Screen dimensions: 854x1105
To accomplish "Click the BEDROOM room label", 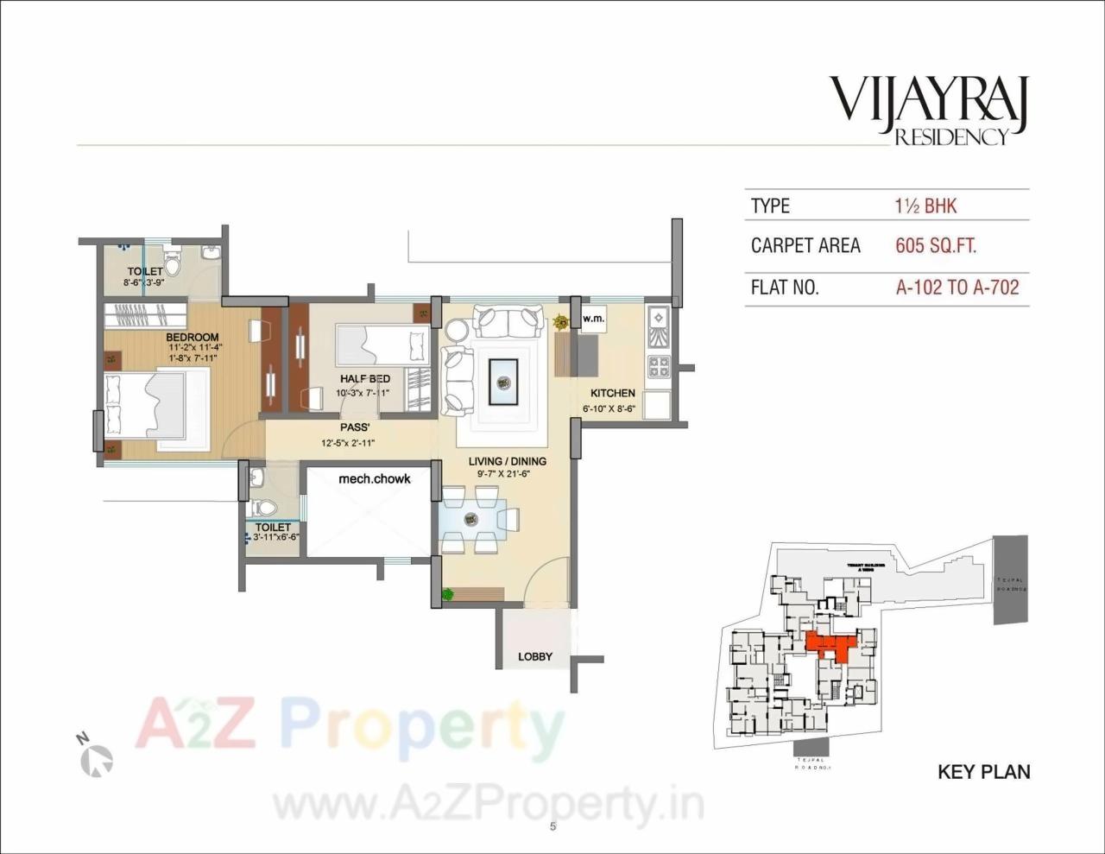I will pos(192,337).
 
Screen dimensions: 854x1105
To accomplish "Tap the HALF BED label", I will pos(364,379).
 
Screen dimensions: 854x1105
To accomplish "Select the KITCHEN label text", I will pos(612,393).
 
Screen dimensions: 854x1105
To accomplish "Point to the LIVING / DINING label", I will pos(508,461).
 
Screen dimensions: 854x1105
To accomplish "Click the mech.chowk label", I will pos(374,478).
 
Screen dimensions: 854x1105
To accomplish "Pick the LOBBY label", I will pos(535,656).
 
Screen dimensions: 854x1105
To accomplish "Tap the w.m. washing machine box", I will pos(592,319).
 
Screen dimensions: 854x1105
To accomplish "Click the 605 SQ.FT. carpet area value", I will pos(936,246).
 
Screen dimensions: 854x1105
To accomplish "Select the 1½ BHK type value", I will pos(925,206).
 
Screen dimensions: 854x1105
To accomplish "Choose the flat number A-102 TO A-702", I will pos(957,288).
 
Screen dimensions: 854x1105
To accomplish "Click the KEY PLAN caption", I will pos(983,771).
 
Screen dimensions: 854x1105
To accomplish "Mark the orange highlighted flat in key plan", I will pos(830,644).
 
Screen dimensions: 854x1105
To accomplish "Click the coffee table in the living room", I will pos(503,381).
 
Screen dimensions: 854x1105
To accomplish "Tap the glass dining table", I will pos(471,519).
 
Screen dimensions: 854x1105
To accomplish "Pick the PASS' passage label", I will pos(355,427).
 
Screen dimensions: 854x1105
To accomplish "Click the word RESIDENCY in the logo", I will pos(950,136).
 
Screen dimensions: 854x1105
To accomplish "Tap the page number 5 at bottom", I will pos(552,826).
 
